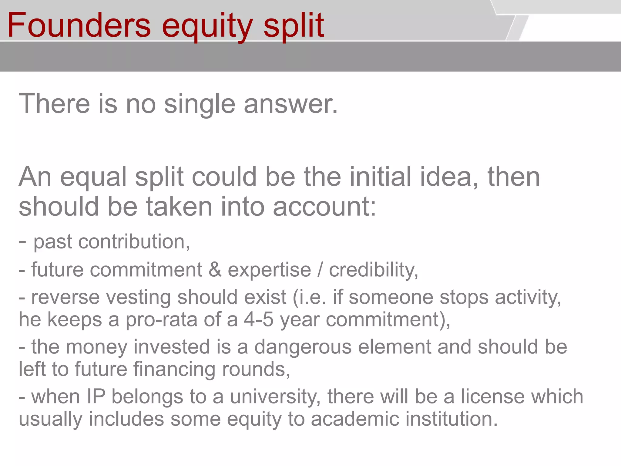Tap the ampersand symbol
215,270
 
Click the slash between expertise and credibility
320,270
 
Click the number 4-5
258,320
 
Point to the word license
493,397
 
